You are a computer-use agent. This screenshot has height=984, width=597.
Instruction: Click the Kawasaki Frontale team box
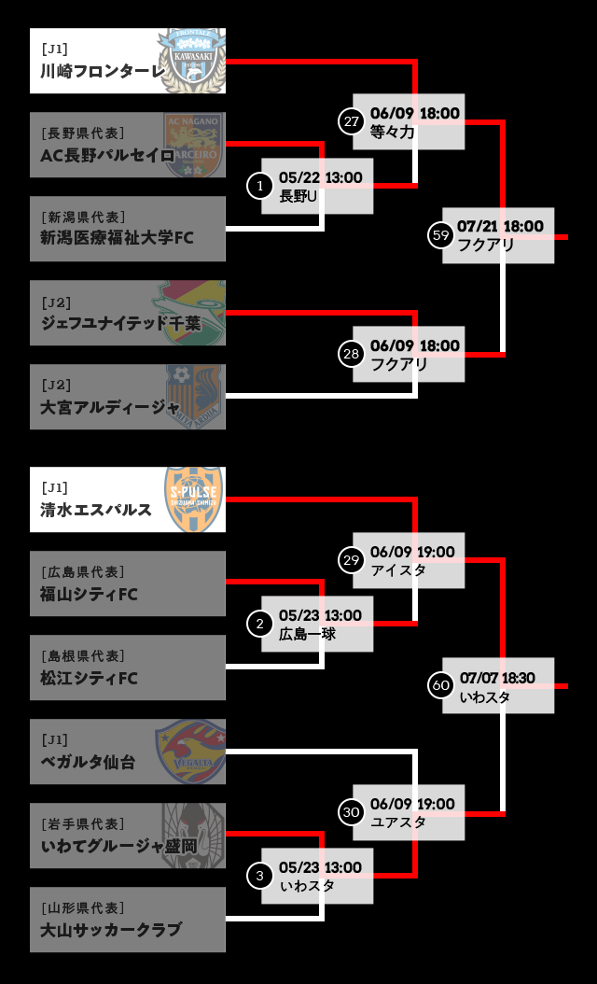pyautogui.click(x=128, y=61)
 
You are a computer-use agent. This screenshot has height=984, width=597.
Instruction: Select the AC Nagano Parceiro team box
pyautogui.click(x=128, y=145)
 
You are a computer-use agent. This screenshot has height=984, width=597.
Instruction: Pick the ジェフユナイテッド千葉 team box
pyautogui.click(x=128, y=313)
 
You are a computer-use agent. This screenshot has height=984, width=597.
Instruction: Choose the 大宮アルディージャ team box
pyautogui.click(x=128, y=397)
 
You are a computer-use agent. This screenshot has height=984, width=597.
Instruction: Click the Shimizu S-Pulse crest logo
pyautogui.click(x=194, y=499)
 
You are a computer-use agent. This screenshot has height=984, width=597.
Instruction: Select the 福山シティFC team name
pyautogui.click(x=90, y=594)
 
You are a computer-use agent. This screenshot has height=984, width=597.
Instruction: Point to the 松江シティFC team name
pyautogui.click(x=90, y=678)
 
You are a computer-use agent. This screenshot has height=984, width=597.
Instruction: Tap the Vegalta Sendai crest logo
pyautogui.click(x=190, y=752)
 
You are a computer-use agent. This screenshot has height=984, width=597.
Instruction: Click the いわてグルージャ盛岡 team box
pyautogui.click(x=128, y=836)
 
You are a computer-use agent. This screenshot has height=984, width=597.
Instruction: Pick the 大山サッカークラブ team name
pyautogui.click(x=110, y=930)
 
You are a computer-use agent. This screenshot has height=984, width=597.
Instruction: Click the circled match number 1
pyautogui.click(x=259, y=186)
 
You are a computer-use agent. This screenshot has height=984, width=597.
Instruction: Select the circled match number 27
pyautogui.click(x=351, y=121)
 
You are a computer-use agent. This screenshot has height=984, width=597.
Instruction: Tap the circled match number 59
pyautogui.click(x=441, y=235)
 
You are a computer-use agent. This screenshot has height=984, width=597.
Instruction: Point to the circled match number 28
pyautogui.click(x=351, y=354)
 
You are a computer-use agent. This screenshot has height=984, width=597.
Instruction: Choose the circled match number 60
pyautogui.click(x=441, y=685)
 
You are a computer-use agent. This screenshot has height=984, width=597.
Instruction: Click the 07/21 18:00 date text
pyautogui.click(x=500, y=227)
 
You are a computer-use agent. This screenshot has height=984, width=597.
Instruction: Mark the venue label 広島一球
pyautogui.click(x=307, y=634)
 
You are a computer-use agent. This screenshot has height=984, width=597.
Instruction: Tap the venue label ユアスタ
pyautogui.click(x=398, y=822)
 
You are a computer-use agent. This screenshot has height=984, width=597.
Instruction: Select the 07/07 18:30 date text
pyautogui.click(x=497, y=678)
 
